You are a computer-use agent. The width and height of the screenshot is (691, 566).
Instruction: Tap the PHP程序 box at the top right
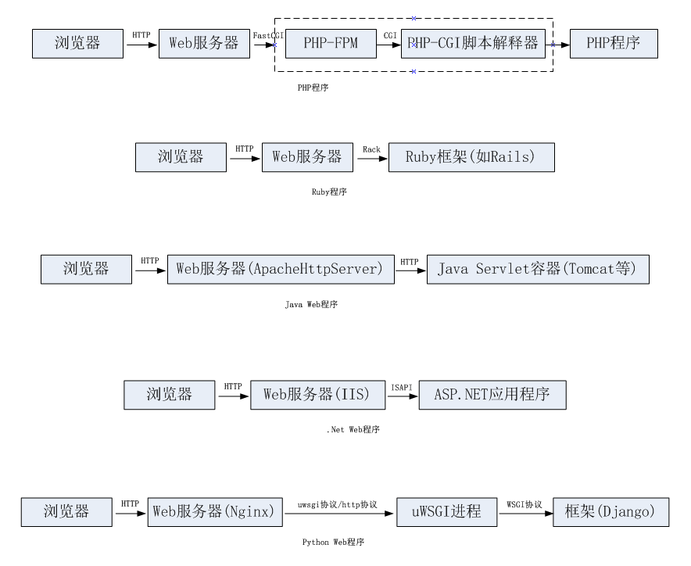614,44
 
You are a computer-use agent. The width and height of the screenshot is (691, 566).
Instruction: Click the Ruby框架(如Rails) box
471,157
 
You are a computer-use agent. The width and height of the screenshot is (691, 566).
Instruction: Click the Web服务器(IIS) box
317,395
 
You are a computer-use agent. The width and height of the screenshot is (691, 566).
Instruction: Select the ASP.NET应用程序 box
492,395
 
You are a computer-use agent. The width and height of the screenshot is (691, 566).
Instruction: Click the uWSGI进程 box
447,512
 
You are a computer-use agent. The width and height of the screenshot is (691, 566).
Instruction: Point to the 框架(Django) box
610,512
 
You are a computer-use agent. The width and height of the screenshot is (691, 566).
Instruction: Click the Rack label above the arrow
371,149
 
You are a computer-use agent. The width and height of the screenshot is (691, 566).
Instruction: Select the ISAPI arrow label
401,386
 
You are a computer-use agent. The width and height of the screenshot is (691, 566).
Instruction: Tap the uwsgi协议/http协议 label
338,505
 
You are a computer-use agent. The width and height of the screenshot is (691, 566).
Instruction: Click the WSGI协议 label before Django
524,504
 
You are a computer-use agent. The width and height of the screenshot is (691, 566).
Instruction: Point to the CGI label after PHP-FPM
390,36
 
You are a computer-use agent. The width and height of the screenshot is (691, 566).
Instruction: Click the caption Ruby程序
328,192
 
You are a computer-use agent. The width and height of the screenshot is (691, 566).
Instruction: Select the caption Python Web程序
333,542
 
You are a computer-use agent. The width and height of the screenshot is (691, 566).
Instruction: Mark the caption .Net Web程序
353,429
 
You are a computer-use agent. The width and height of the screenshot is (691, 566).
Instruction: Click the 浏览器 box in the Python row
66,512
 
